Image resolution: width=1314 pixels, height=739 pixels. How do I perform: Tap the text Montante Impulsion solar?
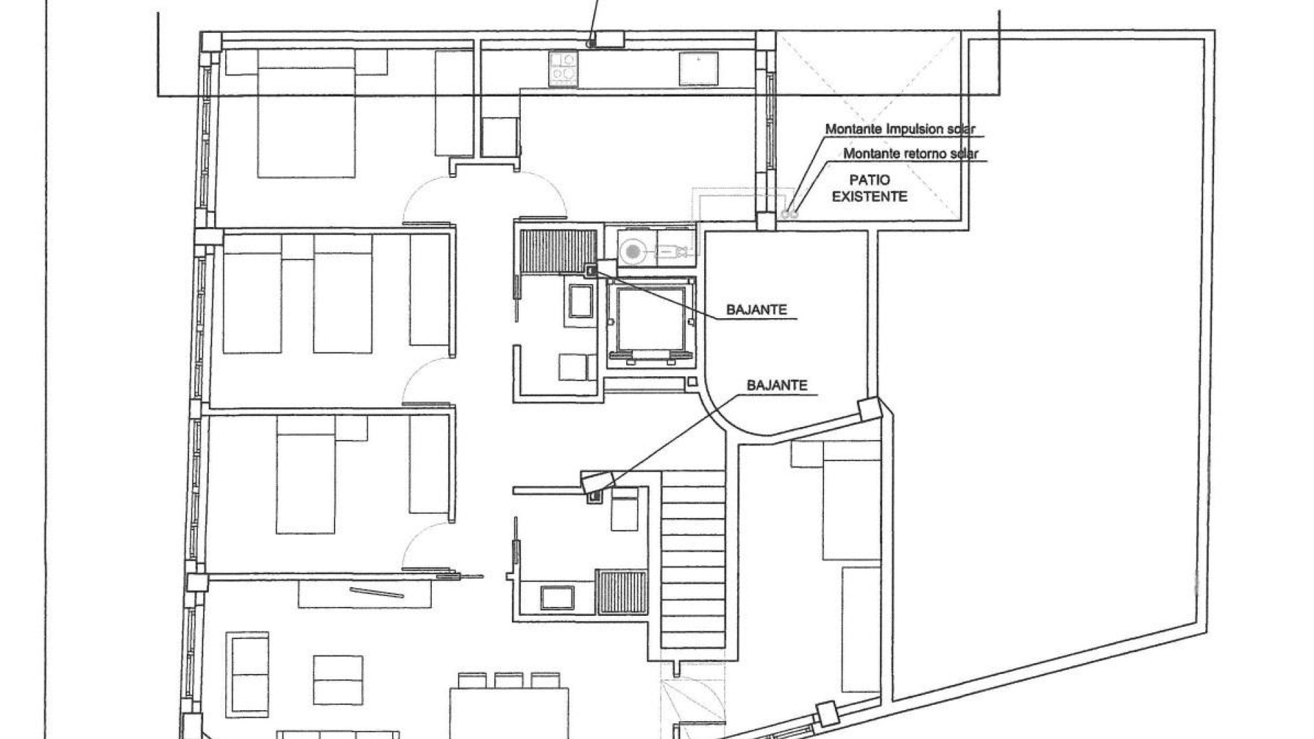pyautogui.click(x=900, y=129)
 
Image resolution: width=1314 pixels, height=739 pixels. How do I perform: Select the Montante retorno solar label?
pyautogui.click(x=911, y=154)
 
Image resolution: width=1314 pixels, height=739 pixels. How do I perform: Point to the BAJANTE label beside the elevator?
pyautogui.click(x=757, y=310)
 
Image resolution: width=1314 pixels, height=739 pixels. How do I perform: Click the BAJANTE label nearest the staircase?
pyautogui.click(x=777, y=385)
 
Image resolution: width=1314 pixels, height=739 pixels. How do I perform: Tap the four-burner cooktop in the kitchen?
pyautogui.click(x=563, y=69)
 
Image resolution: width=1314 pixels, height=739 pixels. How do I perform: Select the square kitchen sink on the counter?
pyautogui.click(x=698, y=69)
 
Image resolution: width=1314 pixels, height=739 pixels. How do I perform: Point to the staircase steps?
pyautogui.click(x=693, y=558)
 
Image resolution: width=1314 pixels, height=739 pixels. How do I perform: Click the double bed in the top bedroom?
pyautogui.click(x=307, y=114)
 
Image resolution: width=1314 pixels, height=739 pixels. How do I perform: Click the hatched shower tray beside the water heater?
pyautogui.click(x=558, y=251)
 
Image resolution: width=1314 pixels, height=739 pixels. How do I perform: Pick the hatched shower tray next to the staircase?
pyautogui.click(x=621, y=591)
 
